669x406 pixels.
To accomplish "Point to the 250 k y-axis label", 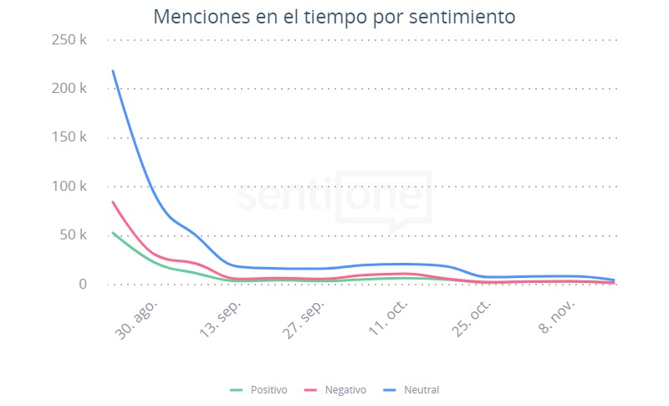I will tap(69, 39).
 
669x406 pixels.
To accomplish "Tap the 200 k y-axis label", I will tap(69, 88).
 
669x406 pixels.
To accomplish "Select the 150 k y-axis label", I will tap(69, 137).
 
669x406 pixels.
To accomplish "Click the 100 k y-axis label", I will tap(69, 186).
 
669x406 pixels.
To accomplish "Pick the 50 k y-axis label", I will tap(73, 235).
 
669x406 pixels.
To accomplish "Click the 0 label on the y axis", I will tap(82, 284).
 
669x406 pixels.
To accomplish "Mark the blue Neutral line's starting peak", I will tap(113, 71).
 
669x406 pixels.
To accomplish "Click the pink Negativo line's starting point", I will tap(113, 202).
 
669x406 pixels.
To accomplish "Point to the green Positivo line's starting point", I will tap(113, 233).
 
